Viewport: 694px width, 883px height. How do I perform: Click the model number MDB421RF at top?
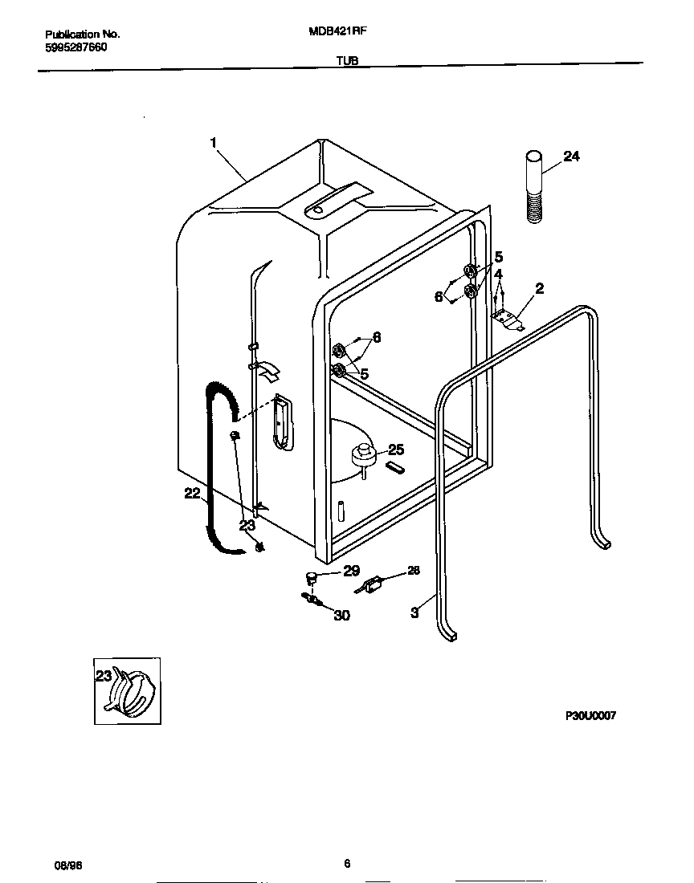click(338, 34)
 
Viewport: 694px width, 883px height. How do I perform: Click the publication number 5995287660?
click(76, 47)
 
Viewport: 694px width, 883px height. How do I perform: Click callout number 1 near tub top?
click(214, 142)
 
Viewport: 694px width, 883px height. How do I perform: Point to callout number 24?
click(570, 157)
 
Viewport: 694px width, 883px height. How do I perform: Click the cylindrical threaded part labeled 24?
click(533, 186)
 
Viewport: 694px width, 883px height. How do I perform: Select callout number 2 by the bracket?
click(539, 288)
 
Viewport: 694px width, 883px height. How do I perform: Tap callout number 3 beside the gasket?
click(414, 612)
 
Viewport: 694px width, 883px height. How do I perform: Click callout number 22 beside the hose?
click(192, 494)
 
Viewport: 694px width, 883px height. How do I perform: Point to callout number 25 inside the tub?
click(395, 450)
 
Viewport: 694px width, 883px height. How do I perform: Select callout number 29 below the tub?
click(351, 571)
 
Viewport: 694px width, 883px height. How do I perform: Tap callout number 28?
click(413, 571)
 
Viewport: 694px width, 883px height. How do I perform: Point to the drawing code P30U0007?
click(590, 716)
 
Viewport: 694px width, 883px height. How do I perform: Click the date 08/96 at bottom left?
click(67, 865)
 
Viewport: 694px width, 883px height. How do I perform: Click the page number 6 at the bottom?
click(346, 864)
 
